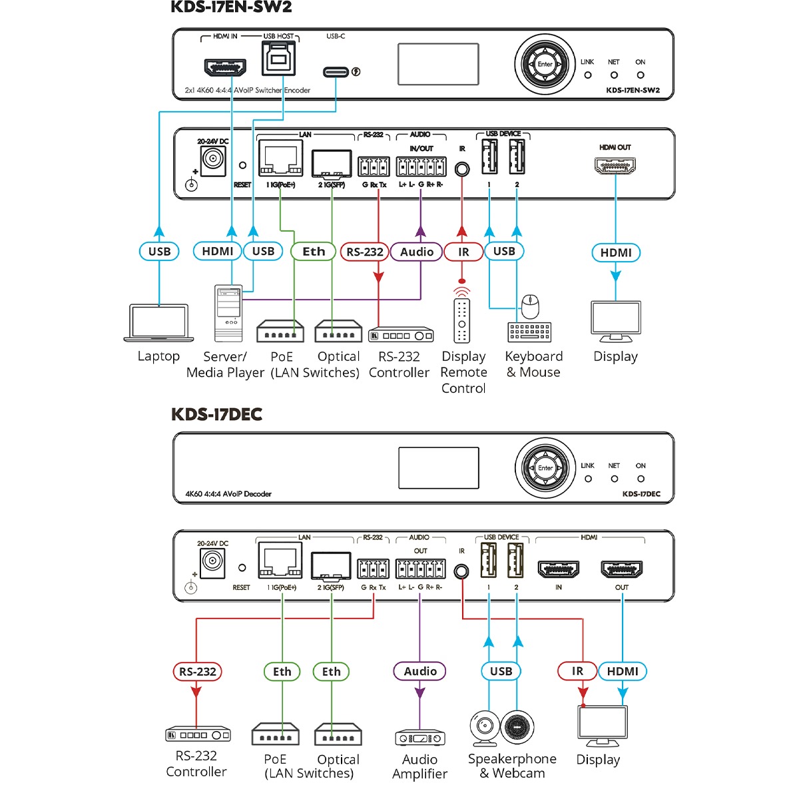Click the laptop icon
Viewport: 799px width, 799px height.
158,323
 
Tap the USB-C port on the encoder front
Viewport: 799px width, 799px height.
336,72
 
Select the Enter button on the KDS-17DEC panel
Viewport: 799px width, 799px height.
545,468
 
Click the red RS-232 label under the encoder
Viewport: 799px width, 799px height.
364,252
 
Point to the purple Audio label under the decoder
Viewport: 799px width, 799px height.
420,671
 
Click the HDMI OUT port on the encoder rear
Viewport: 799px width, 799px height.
615,165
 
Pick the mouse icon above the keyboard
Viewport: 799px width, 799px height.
530,307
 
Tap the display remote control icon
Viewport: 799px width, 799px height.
462,320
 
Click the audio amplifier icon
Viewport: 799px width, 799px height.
419,738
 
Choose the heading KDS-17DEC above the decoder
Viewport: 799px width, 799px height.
216,414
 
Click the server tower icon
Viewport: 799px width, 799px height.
228,313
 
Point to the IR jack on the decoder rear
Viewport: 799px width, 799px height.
461,571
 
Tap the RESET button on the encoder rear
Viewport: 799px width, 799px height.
242,165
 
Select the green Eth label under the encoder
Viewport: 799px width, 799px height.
314,252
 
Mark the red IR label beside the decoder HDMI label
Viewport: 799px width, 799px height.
577,671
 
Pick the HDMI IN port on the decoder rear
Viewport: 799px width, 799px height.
559,569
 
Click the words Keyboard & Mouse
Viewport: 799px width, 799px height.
533,364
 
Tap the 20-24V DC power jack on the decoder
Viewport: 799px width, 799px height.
213,563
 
